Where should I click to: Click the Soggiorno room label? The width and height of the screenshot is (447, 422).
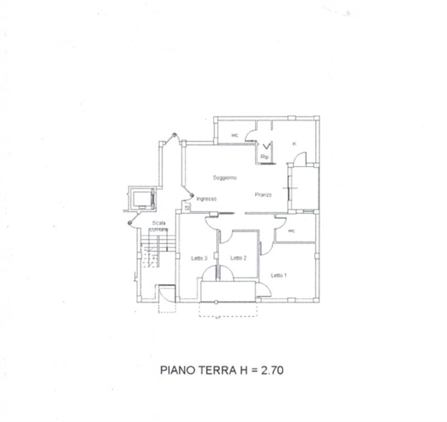[x=225, y=177]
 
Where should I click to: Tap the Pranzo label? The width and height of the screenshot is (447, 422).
[x=263, y=195]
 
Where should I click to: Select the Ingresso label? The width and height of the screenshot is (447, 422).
[x=206, y=199]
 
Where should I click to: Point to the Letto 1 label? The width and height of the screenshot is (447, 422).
[x=279, y=275]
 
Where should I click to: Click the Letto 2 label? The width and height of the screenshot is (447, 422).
[x=239, y=258]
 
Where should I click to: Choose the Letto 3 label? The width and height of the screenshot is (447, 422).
[x=199, y=258]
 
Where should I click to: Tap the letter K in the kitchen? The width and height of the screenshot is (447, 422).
[x=294, y=144]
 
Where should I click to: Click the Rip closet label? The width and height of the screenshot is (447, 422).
[x=265, y=157]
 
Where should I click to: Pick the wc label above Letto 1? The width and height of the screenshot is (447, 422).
[x=291, y=231]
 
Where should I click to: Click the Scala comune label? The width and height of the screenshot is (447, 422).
[x=159, y=226]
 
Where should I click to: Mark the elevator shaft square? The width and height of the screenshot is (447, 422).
[x=142, y=199]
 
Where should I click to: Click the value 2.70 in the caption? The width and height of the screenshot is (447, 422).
[x=274, y=369]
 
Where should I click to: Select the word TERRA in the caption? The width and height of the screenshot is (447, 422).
[x=220, y=369]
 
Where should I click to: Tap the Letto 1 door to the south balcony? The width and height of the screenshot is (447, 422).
[x=263, y=289]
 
